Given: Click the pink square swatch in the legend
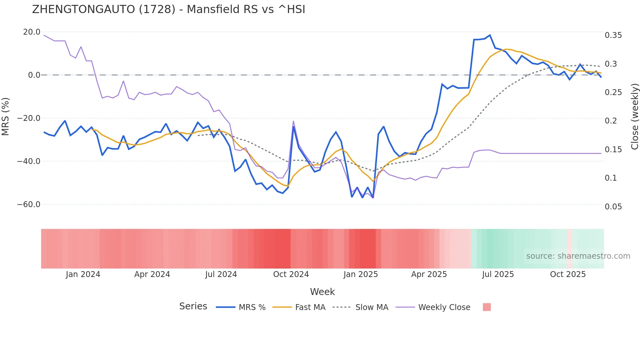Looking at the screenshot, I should click(487, 307).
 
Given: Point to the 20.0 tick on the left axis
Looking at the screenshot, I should click(32, 32).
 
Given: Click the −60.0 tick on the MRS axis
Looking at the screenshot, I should click(29, 205).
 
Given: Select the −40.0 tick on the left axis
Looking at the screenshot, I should click(29, 161).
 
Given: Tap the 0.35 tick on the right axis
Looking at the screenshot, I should click(613, 35).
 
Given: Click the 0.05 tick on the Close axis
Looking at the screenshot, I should click(613, 207).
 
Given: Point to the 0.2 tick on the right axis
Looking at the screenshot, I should click(611, 121).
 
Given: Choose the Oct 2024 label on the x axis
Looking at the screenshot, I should click(291, 274).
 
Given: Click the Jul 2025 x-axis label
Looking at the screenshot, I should click(498, 274).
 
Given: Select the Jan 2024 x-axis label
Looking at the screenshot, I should click(83, 274).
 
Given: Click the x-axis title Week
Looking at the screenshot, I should click(322, 292).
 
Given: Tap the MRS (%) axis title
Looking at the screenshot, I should click(6, 117).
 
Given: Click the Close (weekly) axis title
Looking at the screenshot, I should click(634, 117).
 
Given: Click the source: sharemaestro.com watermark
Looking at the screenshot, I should click(578, 256).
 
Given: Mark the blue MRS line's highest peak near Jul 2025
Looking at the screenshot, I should click(490, 35).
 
